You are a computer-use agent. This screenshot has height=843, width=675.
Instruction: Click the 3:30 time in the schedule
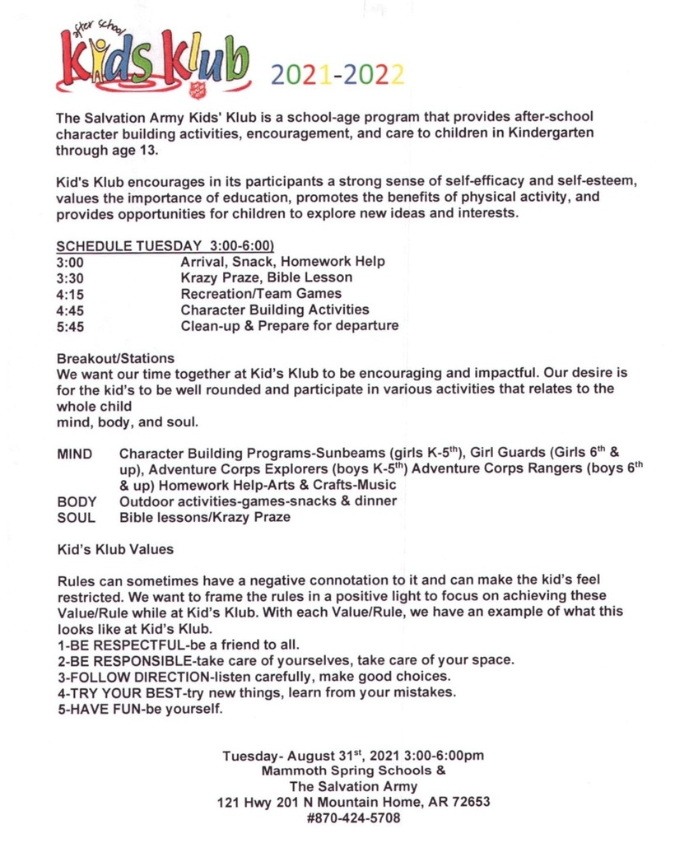click(70, 277)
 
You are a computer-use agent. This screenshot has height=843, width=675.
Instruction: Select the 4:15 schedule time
click(70, 293)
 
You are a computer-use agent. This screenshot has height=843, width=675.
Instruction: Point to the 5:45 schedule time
click(70, 325)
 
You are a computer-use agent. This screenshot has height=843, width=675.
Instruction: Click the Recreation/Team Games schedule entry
click(261, 293)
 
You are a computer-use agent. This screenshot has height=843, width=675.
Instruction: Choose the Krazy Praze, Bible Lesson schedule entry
click(267, 277)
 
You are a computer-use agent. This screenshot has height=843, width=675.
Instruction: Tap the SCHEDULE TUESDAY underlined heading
click(165, 246)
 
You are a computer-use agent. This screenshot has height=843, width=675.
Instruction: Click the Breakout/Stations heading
click(115, 358)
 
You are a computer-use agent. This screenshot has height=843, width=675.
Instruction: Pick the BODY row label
click(76, 501)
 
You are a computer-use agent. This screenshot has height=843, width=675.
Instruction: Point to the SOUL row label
click(76, 518)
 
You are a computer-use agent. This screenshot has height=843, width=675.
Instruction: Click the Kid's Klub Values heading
click(114, 548)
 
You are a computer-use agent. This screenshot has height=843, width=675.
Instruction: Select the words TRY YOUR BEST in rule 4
click(119, 692)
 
